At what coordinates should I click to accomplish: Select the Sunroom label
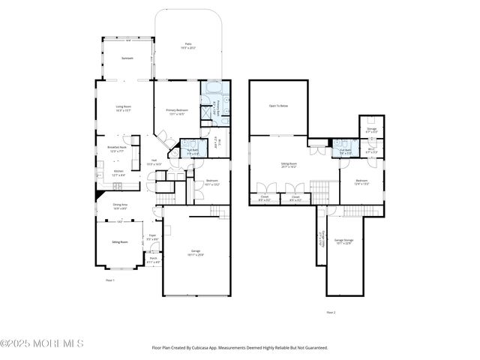pos(127,58)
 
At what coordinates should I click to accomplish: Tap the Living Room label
pos(124,108)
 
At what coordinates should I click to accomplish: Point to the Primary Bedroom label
pos(177,111)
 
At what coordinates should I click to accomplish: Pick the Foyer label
pos(152,235)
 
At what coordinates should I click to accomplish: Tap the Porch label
pos(153,259)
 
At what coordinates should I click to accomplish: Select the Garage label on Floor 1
pos(195,252)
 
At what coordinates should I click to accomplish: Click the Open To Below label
pos(278,106)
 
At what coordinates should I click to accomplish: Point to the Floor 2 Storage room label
pos(372,128)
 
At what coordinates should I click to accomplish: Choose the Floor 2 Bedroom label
pos(361,180)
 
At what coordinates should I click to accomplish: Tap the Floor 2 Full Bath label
pos(346,150)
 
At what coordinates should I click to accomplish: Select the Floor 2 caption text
pos(331,312)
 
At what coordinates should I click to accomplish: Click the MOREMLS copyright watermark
pos(42,343)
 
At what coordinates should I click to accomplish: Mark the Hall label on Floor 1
pos(154,160)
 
